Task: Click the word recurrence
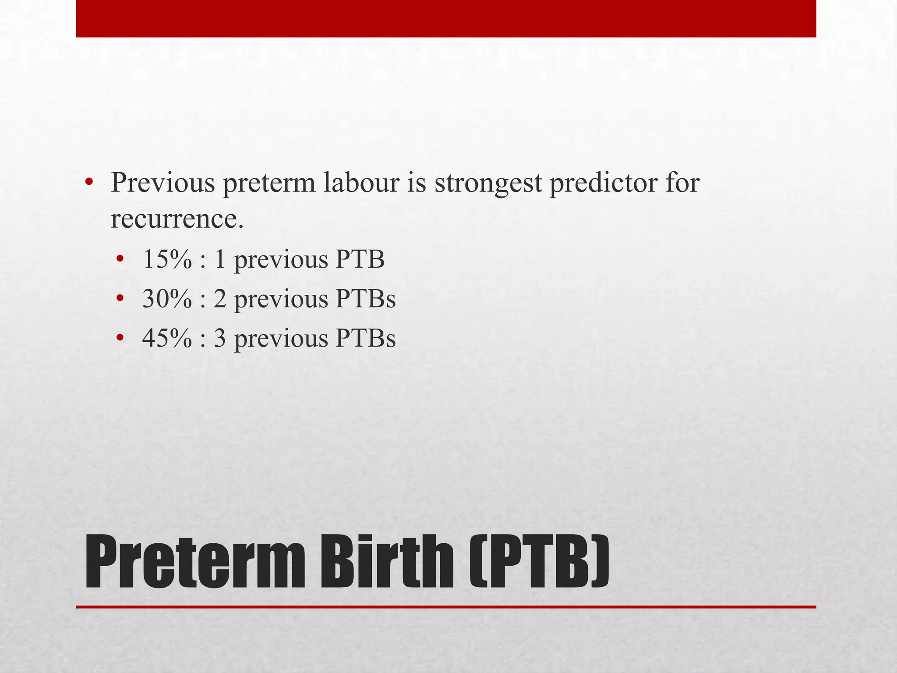click(x=177, y=219)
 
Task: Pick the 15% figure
click(x=167, y=259)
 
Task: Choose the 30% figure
click(x=167, y=299)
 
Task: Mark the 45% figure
click(x=167, y=338)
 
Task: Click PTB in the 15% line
click(x=360, y=259)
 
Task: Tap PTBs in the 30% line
click(x=365, y=299)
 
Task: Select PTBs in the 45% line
click(x=365, y=338)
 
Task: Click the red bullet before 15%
click(x=120, y=260)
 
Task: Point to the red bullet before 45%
click(x=120, y=339)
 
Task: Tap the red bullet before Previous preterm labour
click(x=89, y=183)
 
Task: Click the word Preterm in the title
click(x=195, y=562)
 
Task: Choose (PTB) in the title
click(x=539, y=562)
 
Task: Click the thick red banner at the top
click(x=446, y=18)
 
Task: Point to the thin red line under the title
click(x=446, y=607)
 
